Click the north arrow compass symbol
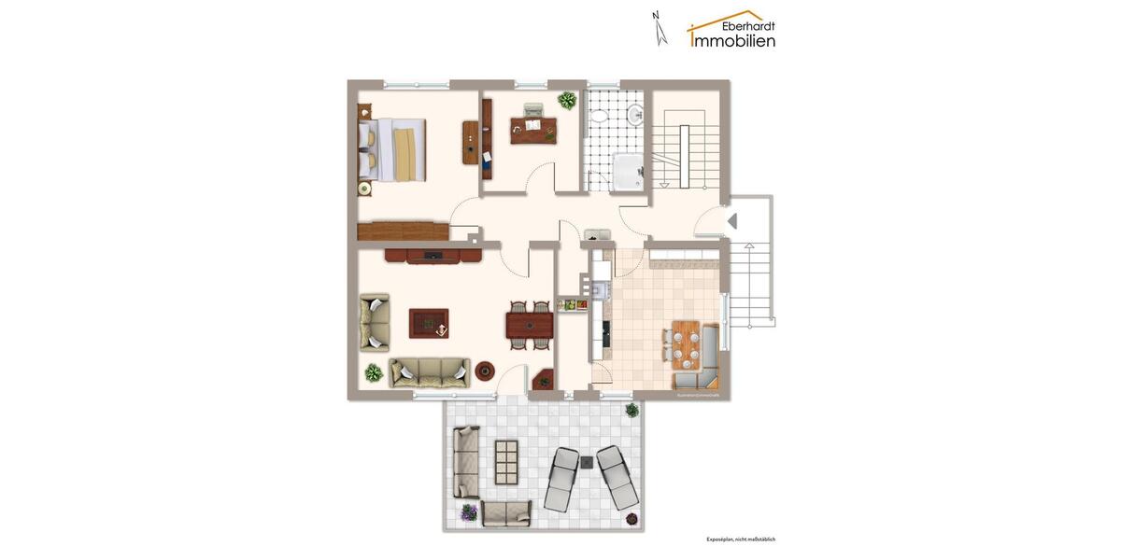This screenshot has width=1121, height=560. point(660,28)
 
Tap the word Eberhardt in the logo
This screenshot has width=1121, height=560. point(748,25)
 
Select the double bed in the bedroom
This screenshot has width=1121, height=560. point(394,148)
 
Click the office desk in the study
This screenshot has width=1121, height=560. point(533,129)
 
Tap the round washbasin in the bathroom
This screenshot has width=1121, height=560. point(635,115)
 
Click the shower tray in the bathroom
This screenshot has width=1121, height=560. point(627,172)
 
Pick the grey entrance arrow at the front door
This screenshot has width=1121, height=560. point(732,221)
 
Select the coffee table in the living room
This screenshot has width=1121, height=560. point(429,324)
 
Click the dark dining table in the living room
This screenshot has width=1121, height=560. point(529,325)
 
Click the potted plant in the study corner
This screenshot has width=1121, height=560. point(567,100)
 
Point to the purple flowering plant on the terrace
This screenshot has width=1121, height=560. point(468,511)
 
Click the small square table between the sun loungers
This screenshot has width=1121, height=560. point(589,460)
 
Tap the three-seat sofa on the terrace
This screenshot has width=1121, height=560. point(465,461)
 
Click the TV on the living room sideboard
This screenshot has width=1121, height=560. point(433,255)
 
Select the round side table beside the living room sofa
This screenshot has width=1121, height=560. point(485,371)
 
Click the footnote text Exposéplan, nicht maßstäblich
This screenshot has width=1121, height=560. point(741,539)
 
